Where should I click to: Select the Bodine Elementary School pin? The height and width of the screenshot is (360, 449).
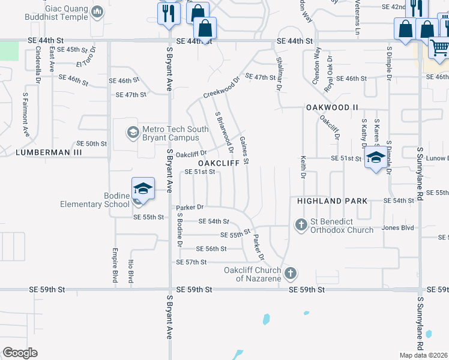pyautogui.click(x=143, y=188)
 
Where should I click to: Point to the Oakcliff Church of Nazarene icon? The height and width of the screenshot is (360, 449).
pyautogui.click(x=290, y=274)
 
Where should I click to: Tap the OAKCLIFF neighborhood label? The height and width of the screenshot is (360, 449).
pyautogui.click(x=219, y=163)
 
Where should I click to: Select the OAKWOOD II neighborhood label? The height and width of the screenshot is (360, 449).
pyautogui.click(x=332, y=107)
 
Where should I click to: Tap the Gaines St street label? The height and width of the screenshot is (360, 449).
pyautogui.click(x=244, y=151)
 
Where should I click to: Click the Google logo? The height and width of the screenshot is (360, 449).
pyautogui.click(x=19, y=353)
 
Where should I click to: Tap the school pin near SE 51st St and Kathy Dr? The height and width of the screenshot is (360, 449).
pyautogui.click(x=376, y=159)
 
